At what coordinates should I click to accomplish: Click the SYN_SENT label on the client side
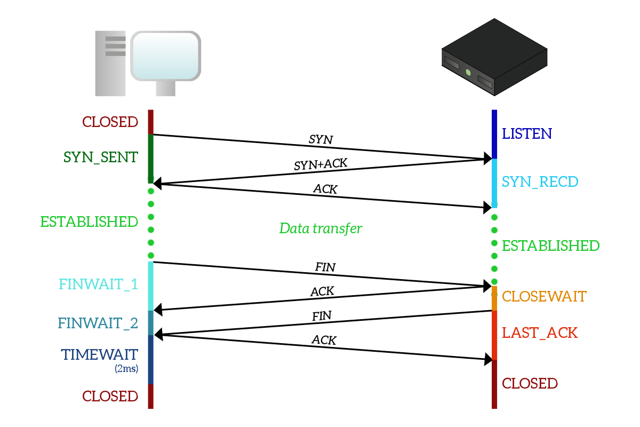click(101, 157)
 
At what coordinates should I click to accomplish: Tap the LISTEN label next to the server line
click(527, 133)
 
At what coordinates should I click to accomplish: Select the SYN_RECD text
click(540, 182)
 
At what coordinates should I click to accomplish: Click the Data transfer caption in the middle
click(321, 228)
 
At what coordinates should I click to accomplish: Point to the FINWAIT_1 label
click(99, 284)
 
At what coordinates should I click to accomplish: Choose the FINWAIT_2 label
click(98, 323)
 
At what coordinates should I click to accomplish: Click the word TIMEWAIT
click(100, 354)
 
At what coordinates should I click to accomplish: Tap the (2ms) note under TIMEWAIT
click(126, 368)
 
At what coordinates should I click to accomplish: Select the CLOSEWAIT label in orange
click(544, 296)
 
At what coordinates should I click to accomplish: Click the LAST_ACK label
click(540, 333)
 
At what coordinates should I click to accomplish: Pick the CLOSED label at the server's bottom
click(530, 383)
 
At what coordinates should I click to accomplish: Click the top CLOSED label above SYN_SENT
click(110, 122)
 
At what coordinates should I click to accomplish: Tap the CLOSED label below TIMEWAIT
click(110, 396)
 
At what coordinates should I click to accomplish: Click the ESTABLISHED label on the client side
click(89, 222)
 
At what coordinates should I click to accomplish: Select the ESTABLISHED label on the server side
click(551, 246)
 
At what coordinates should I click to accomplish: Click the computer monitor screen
click(166, 55)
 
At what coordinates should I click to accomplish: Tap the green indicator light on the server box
click(468, 72)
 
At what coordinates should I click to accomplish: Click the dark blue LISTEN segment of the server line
click(494, 133)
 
